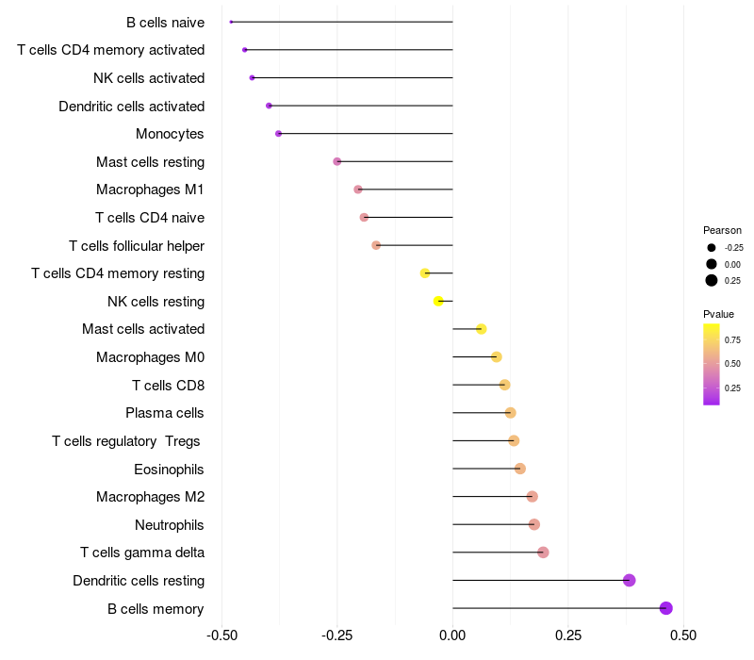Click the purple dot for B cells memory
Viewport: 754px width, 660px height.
point(666,608)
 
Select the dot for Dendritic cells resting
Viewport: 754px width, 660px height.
point(630,580)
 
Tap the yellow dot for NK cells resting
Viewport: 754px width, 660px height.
point(438,301)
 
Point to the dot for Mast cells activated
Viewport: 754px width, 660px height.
point(482,329)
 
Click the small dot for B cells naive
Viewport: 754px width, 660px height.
point(231,22)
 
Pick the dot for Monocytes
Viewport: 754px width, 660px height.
point(278,134)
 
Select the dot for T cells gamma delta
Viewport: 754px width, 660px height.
point(543,553)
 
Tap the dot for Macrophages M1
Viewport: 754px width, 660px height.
point(358,190)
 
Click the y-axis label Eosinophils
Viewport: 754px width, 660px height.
point(170,469)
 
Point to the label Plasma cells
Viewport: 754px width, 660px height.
point(165,413)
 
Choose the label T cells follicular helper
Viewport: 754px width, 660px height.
point(137,245)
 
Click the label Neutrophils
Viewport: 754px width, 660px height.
point(170,524)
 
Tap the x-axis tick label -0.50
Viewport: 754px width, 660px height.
point(221,635)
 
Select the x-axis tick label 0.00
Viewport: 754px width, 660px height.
point(452,635)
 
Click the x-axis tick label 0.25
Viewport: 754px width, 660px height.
point(568,635)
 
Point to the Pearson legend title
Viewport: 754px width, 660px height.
point(722,230)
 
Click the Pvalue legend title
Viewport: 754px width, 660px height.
point(718,314)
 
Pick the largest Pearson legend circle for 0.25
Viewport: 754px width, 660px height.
point(712,280)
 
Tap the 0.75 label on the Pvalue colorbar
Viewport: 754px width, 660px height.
point(732,339)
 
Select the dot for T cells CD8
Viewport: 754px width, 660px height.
point(505,385)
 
